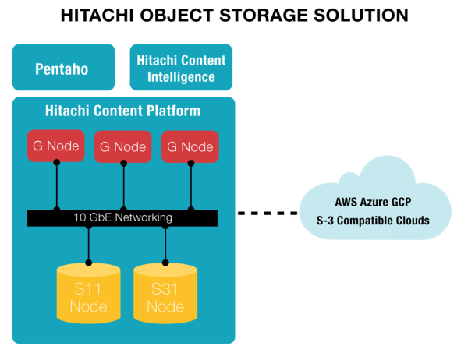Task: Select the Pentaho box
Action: (62, 69)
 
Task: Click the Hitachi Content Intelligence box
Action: (181, 69)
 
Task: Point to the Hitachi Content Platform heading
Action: (123, 111)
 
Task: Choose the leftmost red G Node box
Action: (55, 146)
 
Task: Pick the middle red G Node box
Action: (122, 146)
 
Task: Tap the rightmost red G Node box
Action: (190, 146)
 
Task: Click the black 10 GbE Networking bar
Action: (122, 217)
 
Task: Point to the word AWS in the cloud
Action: (348, 200)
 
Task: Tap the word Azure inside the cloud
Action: (381, 200)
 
